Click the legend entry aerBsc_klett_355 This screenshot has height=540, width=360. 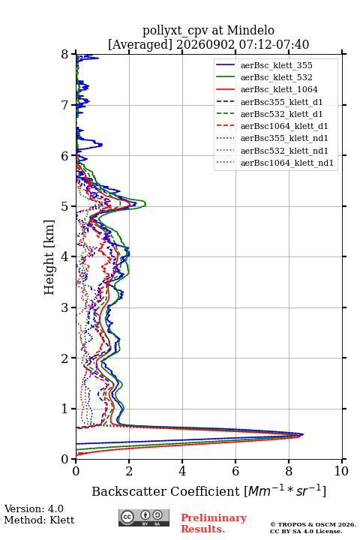[276, 65]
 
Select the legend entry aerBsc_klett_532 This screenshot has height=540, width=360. [276, 77]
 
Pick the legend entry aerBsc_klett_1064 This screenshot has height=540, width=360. [279, 89]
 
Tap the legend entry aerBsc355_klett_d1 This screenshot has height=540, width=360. [281, 102]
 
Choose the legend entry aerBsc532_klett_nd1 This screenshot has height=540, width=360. [284, 151]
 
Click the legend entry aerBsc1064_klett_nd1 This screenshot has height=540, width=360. [287, 163]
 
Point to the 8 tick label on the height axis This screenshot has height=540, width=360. [65, 55]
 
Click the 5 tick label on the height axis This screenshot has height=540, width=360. [65, 206]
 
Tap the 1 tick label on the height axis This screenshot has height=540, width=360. [65, 409]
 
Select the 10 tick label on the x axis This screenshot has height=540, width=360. [341, 471]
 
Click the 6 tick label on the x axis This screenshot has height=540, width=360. [235, 471]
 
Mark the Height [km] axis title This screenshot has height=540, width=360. [49, 257]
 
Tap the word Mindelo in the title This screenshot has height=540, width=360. [250, 30]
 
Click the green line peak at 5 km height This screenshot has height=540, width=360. [145, 205]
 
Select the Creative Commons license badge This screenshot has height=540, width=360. [144, 518]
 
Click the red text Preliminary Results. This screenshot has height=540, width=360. [214, 523]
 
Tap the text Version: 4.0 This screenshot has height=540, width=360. [34, 508]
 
